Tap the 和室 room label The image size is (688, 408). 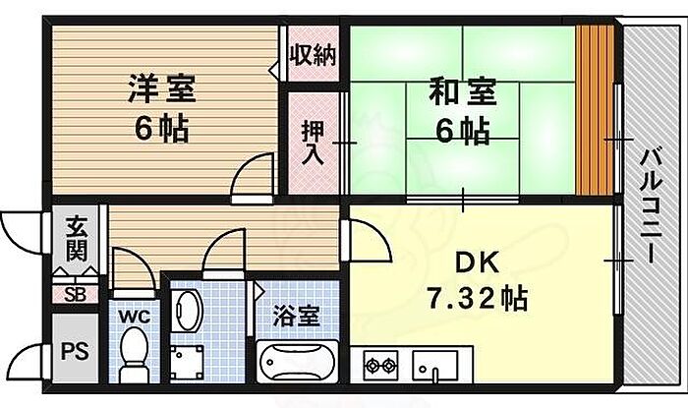click(459, 95)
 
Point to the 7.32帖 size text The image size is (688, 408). click(476, 295)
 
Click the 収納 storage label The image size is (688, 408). click(312, 55)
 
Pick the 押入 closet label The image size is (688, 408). click(312, 141)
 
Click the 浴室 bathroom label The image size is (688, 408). click(296, 317)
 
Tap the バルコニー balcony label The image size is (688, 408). click(650, 204)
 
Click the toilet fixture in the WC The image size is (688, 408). click(132, 355)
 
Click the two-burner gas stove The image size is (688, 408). click(380, 366)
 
